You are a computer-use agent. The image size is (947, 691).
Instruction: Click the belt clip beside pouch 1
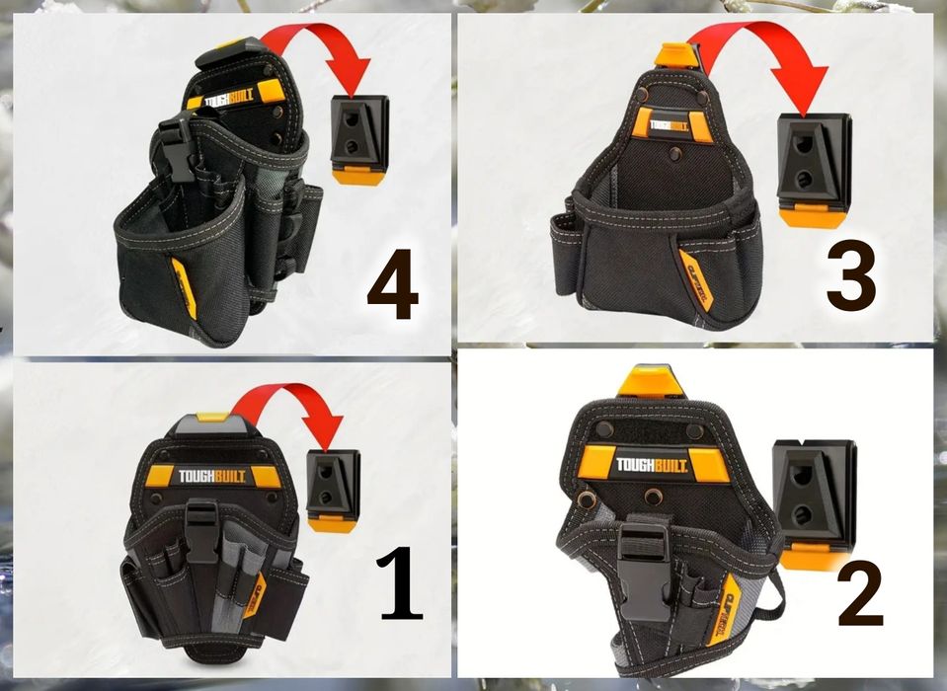(x=333, y=487)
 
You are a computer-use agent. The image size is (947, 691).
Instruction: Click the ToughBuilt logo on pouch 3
(x=669, y=125)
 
